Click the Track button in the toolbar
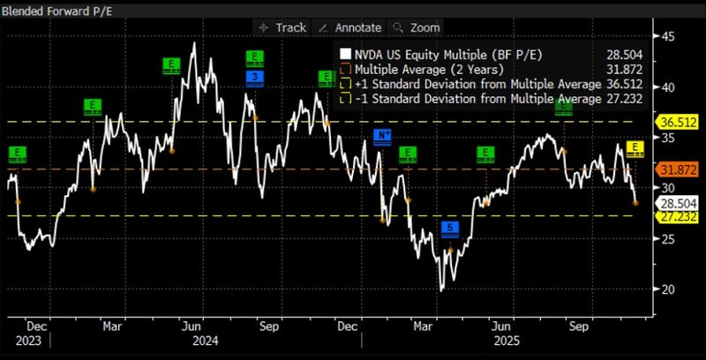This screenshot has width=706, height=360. point(282,27)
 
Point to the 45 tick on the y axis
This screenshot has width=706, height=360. point(668,36)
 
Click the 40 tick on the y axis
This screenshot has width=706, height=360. point(668,87)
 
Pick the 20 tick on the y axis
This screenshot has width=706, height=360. point(668,289)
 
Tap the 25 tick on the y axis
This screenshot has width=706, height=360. point(668,239)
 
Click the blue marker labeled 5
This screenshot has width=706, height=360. point(450,229)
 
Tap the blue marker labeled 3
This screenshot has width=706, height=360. point(254,78)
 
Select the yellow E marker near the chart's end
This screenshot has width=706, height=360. point(634,146)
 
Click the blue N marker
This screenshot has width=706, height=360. point(382,135)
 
